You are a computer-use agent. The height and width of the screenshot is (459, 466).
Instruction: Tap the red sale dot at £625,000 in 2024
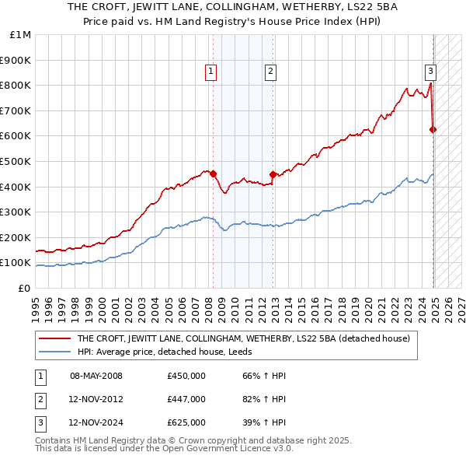pyautogui.click(x=433, y=129)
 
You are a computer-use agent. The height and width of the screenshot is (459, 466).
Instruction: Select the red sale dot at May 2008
pyautogui.click(x=213, y=173)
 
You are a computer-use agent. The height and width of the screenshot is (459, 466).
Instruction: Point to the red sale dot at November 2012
pyautogui.click(x=273, y=174)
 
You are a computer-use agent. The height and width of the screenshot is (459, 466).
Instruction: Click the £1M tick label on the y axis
pyautogui.click(x=21, y=35)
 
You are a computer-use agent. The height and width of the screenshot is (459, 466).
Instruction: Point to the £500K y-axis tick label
pyautogui.click(x=16, y=161)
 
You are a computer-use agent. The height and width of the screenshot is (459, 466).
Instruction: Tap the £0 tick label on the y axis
pyautogui.click(x=24, y=288)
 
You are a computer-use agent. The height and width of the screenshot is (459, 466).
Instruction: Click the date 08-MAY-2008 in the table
pyautogui.click(x=96, y=376)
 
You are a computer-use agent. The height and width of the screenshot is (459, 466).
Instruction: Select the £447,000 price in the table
pyautogui.click(x=186, y=400)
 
